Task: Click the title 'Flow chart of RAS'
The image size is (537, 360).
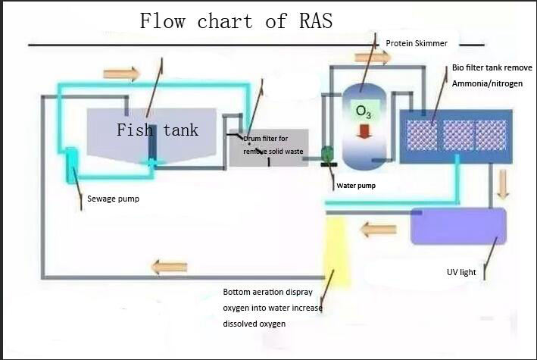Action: [x=236, y=21]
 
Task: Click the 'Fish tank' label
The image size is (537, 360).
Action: [x=158, y=130]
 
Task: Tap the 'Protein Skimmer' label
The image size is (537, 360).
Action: [x=416, y=43]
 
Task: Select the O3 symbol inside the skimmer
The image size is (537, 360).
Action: [x=364, y=111]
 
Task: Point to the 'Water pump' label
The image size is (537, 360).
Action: [x=356, y=185]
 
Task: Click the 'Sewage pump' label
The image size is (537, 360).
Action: [x=113, y=199]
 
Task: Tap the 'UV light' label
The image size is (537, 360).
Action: [x=461, y=272]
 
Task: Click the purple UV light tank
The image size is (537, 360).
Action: [x=458, y=225]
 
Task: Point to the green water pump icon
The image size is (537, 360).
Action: [x=328, y=153]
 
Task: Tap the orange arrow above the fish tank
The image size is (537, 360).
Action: [x=121, y=74]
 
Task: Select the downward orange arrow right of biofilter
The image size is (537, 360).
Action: [x=502, y=183]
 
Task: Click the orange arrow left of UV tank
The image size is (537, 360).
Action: [x=378, y=230]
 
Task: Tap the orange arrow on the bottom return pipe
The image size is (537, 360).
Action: [x=169, y=267]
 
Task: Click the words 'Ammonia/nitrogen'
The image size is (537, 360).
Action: [x=487, y=83]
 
